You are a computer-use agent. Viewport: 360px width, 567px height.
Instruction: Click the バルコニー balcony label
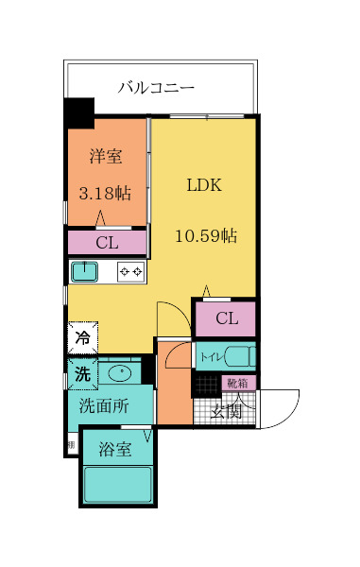tap(156, 88)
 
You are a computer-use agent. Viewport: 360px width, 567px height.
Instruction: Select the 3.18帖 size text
tap(105, 193)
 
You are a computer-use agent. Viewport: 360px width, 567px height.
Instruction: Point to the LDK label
tap(203, 185)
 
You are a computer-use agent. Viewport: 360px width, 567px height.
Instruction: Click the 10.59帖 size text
tap(205, 236)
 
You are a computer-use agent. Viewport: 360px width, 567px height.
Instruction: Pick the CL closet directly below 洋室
tap(107, 243)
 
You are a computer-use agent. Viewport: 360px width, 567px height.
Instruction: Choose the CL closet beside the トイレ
tap(226, 318)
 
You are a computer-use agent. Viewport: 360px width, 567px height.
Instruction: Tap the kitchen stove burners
tap(130, 272)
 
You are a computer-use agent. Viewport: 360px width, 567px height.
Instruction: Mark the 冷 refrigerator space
tap(82, 336)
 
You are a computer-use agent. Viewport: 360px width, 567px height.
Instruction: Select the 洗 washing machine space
tap(82, 373)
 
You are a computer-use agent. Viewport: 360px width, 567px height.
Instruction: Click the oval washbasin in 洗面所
tap(122, 373)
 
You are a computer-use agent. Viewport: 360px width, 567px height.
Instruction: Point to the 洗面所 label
tap(102, 407)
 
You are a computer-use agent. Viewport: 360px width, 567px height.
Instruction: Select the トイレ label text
tap(210, 358)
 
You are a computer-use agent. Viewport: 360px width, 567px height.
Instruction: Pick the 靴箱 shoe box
tap(237, 383)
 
